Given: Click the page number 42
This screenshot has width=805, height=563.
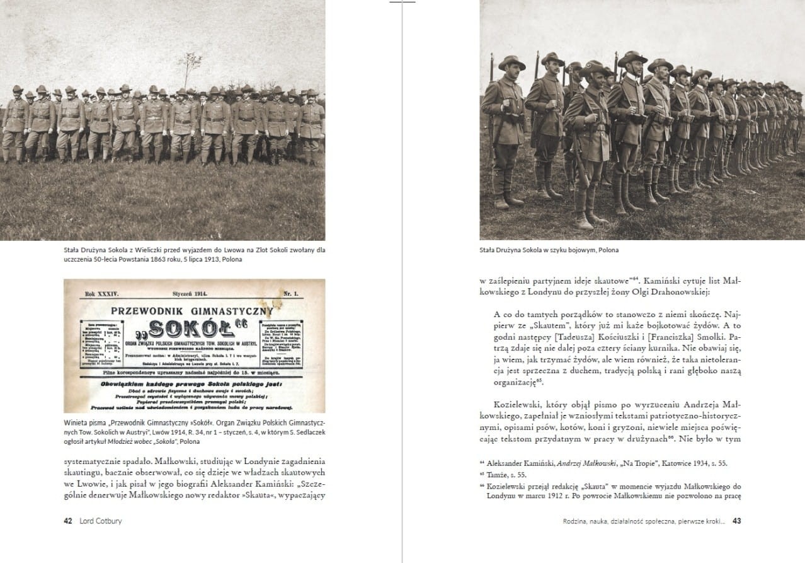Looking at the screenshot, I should (x=68, y=521).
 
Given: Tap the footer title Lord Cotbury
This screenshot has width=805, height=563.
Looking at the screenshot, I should (x=101, y=521).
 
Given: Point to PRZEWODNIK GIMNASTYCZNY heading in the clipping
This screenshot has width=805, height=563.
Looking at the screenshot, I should (x=192, y=310).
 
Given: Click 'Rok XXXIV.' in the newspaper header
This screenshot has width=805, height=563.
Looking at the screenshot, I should (x=101, y=294).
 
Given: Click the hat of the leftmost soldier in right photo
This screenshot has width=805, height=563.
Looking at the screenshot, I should (x=511, y=62).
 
